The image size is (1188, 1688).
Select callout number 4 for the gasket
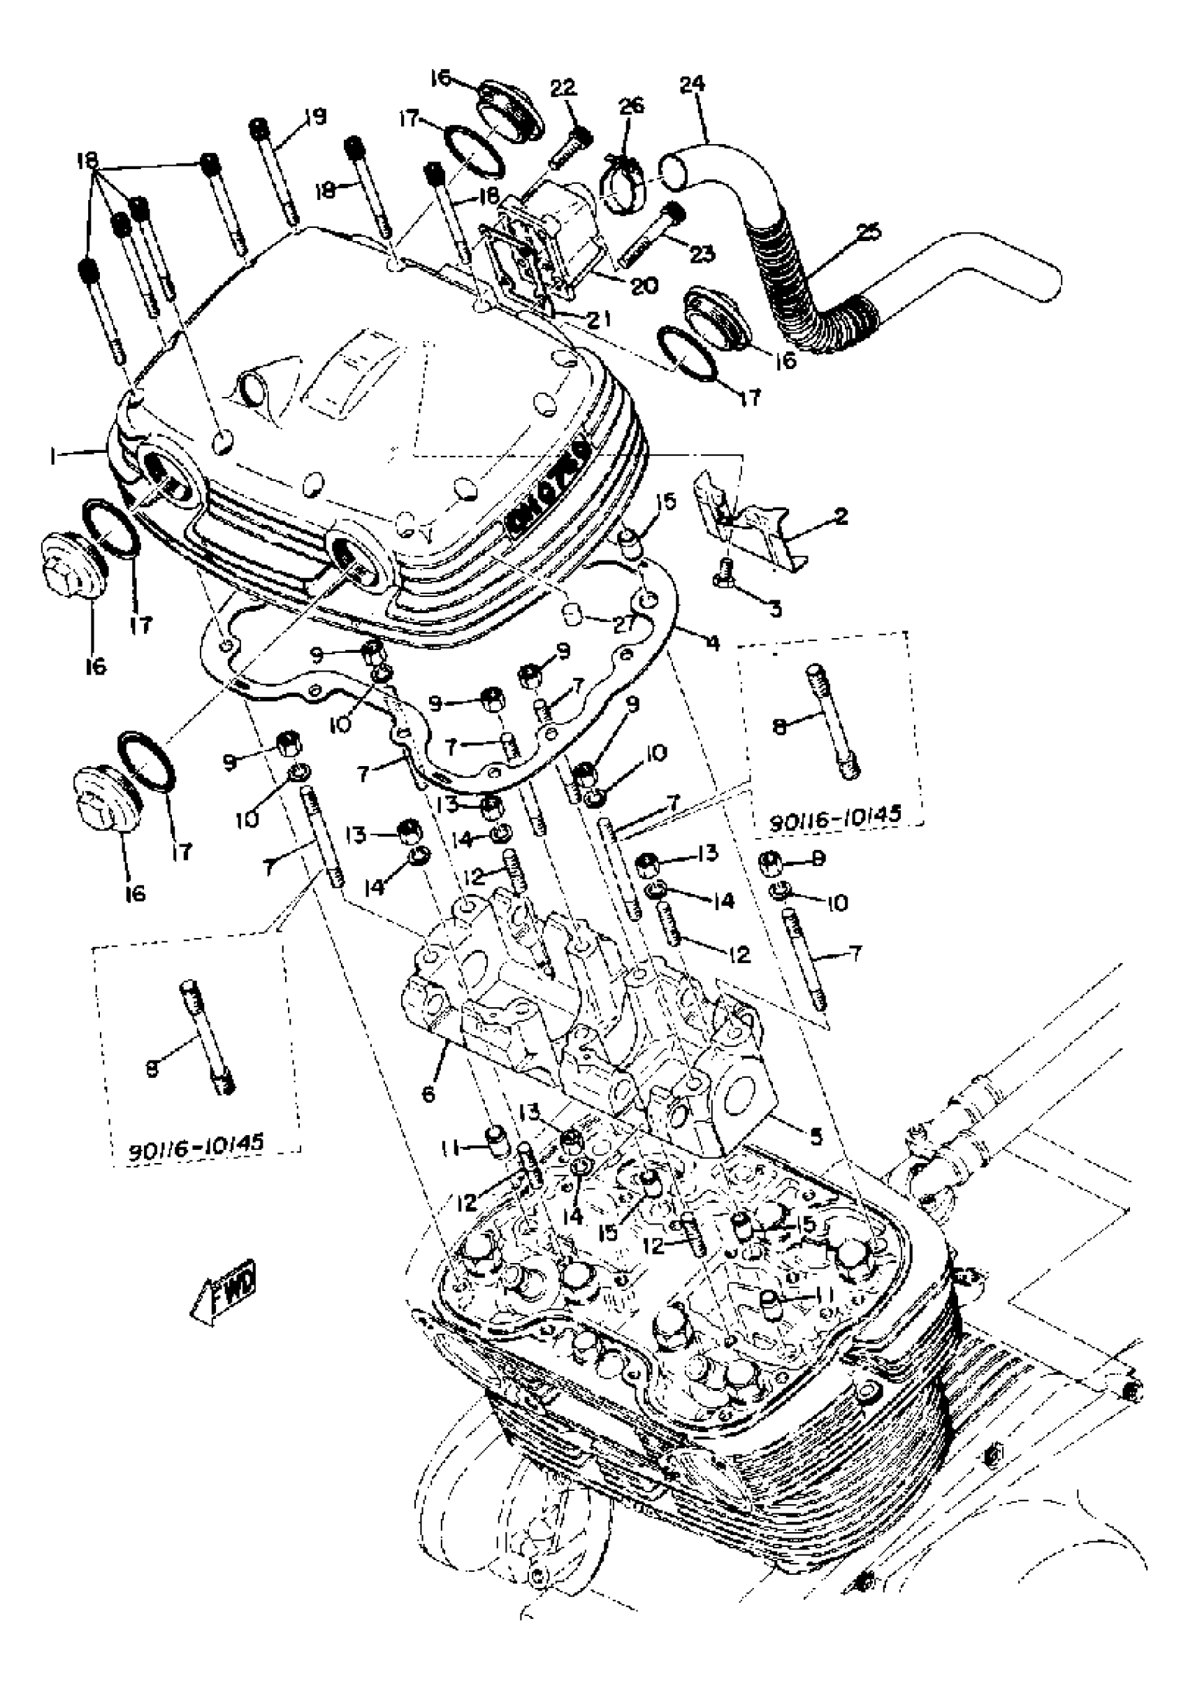711,642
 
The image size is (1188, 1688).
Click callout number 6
428,1095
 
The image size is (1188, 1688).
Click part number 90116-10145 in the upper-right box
835,821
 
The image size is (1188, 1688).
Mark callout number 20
644,285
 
